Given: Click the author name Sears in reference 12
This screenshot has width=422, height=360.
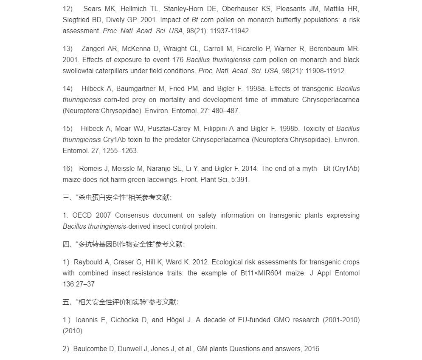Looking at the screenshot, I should pos(92,9).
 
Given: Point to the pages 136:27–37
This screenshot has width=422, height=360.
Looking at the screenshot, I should pos(79,284).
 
